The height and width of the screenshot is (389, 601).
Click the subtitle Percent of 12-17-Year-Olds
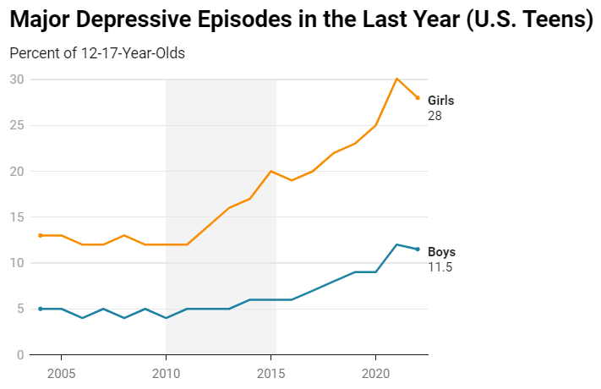(97, 53)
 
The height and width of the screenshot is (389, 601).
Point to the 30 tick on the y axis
(17, 79)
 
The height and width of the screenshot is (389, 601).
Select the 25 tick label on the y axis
(17, 125)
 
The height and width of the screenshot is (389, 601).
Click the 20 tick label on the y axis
(17, 171)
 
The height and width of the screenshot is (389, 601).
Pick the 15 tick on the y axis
(17, 217)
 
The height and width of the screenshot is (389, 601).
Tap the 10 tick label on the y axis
(17, 263)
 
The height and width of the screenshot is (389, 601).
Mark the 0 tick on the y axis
(20, 354)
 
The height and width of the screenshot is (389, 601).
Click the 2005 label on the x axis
(61, 372)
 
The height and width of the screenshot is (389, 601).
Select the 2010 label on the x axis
(166, 372)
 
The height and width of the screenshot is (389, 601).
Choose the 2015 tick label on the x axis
(270, 372)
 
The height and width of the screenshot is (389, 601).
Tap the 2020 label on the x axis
(375, 372)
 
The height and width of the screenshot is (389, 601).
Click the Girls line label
(441, 101)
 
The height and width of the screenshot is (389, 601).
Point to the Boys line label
(441, 252)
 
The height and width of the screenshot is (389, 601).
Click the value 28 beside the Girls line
(434, 116)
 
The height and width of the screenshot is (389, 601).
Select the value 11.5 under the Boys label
(439, 267)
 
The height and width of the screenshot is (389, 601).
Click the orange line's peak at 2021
(396, 79)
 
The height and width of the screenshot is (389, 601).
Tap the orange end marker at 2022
(418, 97)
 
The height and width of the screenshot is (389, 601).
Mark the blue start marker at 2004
(40, 309)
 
